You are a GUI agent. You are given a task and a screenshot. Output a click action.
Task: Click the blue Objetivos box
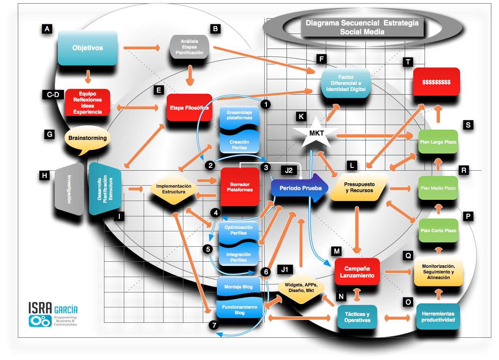[x=87, y=48]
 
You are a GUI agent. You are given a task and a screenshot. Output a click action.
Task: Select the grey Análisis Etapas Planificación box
[x=189, y=47]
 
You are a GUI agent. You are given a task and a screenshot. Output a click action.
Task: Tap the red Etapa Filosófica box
[x=189, y=108]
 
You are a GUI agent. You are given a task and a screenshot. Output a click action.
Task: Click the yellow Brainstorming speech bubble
[x=87, y=139]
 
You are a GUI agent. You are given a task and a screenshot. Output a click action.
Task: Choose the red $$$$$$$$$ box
[x=436, y=81]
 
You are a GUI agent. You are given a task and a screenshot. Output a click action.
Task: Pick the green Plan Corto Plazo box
[x=438, y=231]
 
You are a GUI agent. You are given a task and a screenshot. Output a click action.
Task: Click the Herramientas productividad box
[x=437, y=317]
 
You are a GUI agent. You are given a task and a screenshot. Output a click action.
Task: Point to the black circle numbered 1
[x=265, y=104]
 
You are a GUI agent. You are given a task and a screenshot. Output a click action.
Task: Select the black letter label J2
[x=289, y=170]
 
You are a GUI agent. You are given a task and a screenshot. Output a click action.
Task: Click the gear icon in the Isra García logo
[x=40, y=321]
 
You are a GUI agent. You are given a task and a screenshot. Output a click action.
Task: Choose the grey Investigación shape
[x=69, y=189]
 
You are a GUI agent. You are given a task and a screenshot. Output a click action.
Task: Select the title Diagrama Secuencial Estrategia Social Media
[x=362, y=28]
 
